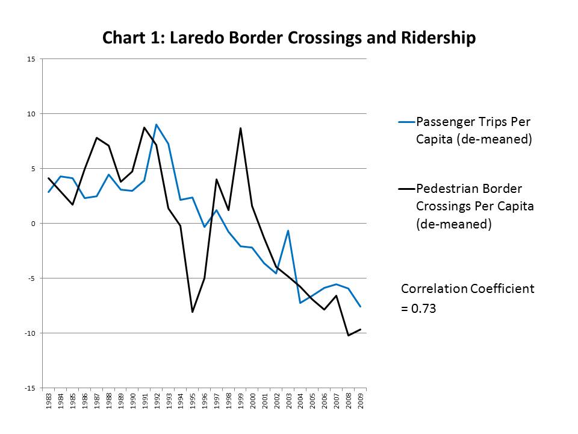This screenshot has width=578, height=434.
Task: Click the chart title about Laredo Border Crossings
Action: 289,38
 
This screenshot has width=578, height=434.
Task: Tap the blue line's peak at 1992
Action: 157,125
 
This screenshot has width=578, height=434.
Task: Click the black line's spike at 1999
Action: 240,128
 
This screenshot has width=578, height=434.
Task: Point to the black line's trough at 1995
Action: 193,312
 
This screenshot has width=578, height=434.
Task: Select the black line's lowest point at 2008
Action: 348,335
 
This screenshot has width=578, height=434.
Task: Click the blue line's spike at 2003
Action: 288,231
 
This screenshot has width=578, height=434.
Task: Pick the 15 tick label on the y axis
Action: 31,59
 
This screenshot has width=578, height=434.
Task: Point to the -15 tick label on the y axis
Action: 30,388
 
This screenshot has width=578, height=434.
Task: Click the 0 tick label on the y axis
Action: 34,224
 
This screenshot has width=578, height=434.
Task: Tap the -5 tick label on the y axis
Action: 31,278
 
